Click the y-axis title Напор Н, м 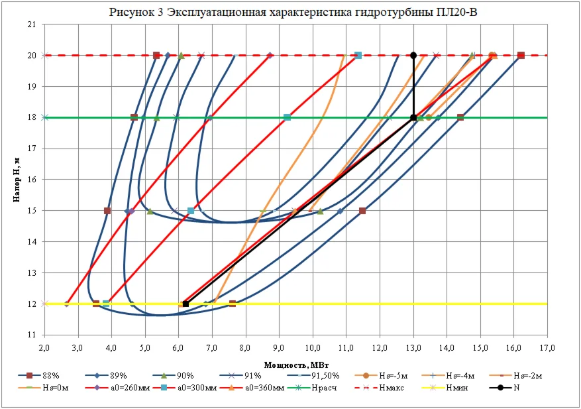(x=19, y=179)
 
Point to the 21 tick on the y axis (x=31, y=25)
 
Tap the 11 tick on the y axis (x=31, y=335)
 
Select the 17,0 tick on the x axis (x=547, y=347)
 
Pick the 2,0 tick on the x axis (x=44, y=347)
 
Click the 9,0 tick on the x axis (x=279, y=347)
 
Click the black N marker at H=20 (x=413, y=56)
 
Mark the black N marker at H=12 (x=185, y=304)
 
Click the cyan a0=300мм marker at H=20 (x=358, y=56)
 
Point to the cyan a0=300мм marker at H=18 (x=287, y=117)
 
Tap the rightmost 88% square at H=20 (x=521, y=56)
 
